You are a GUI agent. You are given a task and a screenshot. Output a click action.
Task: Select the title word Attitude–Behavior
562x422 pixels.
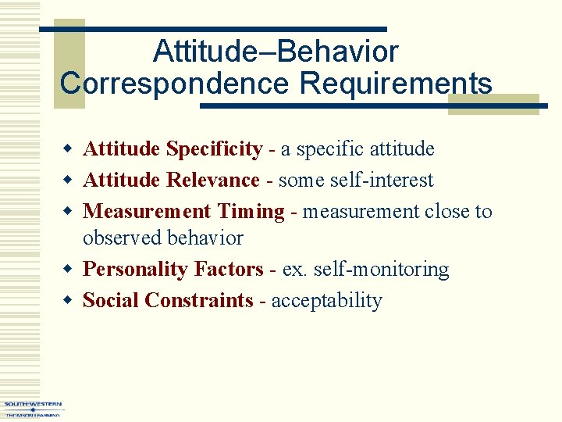click(276, 52)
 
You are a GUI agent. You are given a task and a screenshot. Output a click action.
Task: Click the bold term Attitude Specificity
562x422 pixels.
click(173, 148)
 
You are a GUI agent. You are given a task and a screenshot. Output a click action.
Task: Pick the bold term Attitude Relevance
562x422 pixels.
click(171, 180)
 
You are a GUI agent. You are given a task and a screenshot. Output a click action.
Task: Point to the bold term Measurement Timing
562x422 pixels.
click(183, 211)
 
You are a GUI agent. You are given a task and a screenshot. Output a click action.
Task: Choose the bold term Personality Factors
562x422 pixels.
click(173, 270)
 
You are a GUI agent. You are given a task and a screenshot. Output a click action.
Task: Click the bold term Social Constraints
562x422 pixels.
click(168, 301)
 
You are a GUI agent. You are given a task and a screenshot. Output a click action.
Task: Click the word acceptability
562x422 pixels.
click(326, 301)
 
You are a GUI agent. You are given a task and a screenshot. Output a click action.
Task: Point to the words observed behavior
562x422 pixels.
click(163, 238)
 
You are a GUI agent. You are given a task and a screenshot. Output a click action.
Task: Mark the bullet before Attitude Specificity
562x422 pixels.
click(69, 149)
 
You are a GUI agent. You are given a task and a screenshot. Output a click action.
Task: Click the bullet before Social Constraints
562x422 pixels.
click(69, 301)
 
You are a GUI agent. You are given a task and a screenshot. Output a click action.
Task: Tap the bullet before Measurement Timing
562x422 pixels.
click(69, 212)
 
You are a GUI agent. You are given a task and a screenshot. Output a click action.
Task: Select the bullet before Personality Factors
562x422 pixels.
click(69, 270)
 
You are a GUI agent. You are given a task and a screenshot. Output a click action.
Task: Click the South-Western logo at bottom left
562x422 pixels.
click(33, 409)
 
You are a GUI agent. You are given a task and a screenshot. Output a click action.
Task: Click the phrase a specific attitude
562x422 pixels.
click(357, 148)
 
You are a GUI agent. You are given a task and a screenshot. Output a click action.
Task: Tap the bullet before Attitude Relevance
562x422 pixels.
click(69, 181)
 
